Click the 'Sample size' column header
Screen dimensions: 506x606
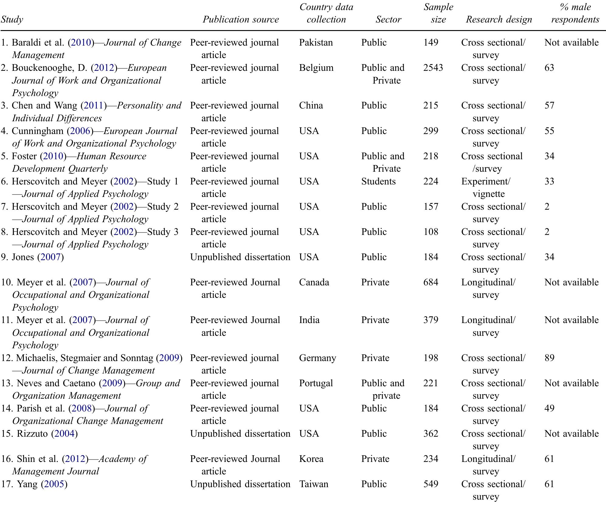[438, 13]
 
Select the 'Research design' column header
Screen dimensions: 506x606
[499, 19]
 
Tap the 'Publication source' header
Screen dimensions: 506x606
[241, 19]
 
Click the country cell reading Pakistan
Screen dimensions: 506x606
[316, 42]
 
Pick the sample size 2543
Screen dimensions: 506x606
[433, 67]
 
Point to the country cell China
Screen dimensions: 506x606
[311, 105]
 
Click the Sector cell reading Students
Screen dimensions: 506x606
[378, 181]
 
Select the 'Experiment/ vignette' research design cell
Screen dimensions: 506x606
[486, 187]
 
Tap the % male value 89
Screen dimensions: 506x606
[549, 358]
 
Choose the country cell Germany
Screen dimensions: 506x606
[317, 358]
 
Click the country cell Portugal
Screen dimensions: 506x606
[316, 383]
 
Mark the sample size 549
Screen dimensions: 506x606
[431, 484]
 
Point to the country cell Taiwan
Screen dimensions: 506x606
[313, 484]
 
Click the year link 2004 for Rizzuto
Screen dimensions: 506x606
[64, 433]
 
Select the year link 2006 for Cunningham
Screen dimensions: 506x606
[80, 131]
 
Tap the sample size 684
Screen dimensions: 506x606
[431, 282]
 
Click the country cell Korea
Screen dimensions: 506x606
[311, 459]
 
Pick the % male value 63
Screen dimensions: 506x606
[549, 67]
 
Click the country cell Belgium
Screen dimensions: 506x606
[316, 67]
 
